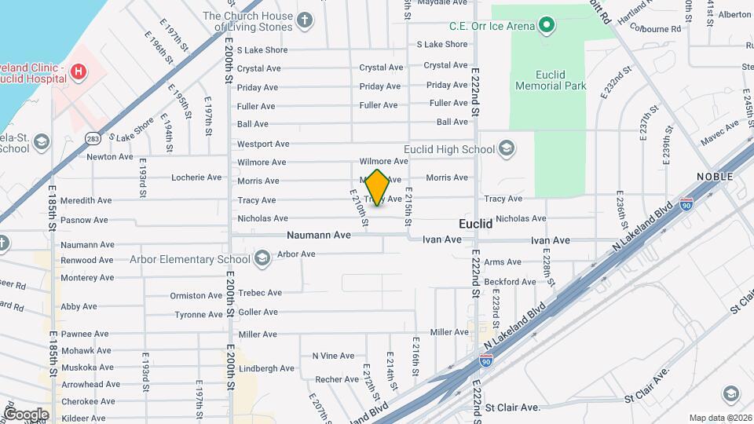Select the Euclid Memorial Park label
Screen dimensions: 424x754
[x=551, y=79]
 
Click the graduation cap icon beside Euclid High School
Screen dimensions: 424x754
[x=507, y=149]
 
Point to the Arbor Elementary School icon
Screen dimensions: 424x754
[x=262, y=259]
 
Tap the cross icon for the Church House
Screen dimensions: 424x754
[x=305, y=20]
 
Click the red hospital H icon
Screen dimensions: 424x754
[x=78, y=72]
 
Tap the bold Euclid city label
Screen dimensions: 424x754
[x=475, y=224]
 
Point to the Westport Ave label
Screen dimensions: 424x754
[x=263, y=144]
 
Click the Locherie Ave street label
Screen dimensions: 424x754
[x=196, y=177]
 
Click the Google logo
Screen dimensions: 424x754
[x=26, y=414]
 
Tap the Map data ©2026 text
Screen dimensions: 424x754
[x=719, y=418]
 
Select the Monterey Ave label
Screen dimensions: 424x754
[x=87, y=277]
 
